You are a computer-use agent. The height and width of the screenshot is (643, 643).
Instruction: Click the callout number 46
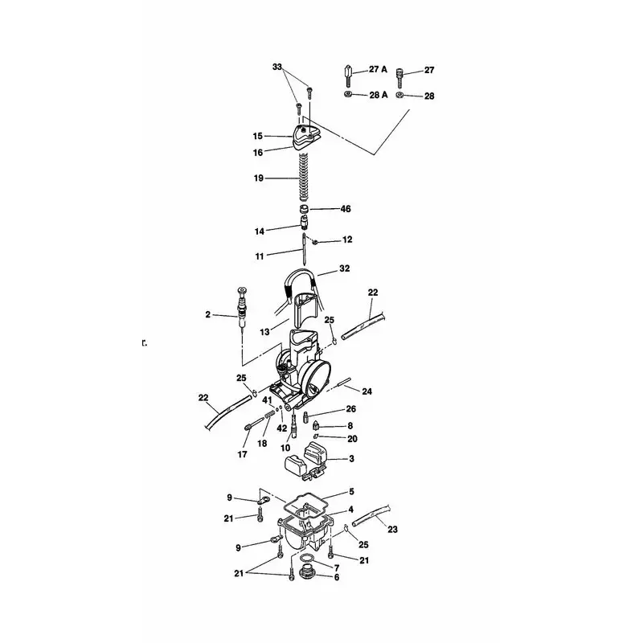coord(346,209)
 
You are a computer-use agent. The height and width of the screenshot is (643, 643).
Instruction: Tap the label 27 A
coord(378,69)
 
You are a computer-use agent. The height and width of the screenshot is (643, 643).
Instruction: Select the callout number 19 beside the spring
coord(258,178)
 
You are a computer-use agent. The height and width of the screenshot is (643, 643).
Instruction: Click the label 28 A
coord(378,96)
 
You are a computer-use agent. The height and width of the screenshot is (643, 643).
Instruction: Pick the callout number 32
coord(345,268)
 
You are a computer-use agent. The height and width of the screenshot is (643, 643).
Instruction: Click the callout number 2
coord(208,314)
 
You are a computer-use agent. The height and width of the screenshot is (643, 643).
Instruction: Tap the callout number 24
coord(367,391)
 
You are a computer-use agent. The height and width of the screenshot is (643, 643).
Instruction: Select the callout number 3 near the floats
coord(351,458)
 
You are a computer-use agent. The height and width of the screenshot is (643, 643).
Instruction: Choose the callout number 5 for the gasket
coord(351,491)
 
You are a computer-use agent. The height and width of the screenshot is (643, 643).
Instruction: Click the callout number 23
coord(392,530)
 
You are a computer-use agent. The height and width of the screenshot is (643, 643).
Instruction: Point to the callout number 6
coord(337,577)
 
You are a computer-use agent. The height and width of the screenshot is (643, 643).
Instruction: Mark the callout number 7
coord(337,568)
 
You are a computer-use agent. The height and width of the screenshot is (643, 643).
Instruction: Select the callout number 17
coord(243,454)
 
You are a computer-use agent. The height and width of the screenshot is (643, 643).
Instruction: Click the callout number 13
coord(265,332)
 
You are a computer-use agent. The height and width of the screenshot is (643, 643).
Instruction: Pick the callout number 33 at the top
coord(277,67)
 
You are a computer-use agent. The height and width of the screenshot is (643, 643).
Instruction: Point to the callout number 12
coord(347,240)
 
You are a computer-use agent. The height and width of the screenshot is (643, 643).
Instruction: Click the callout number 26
coord(351,409)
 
